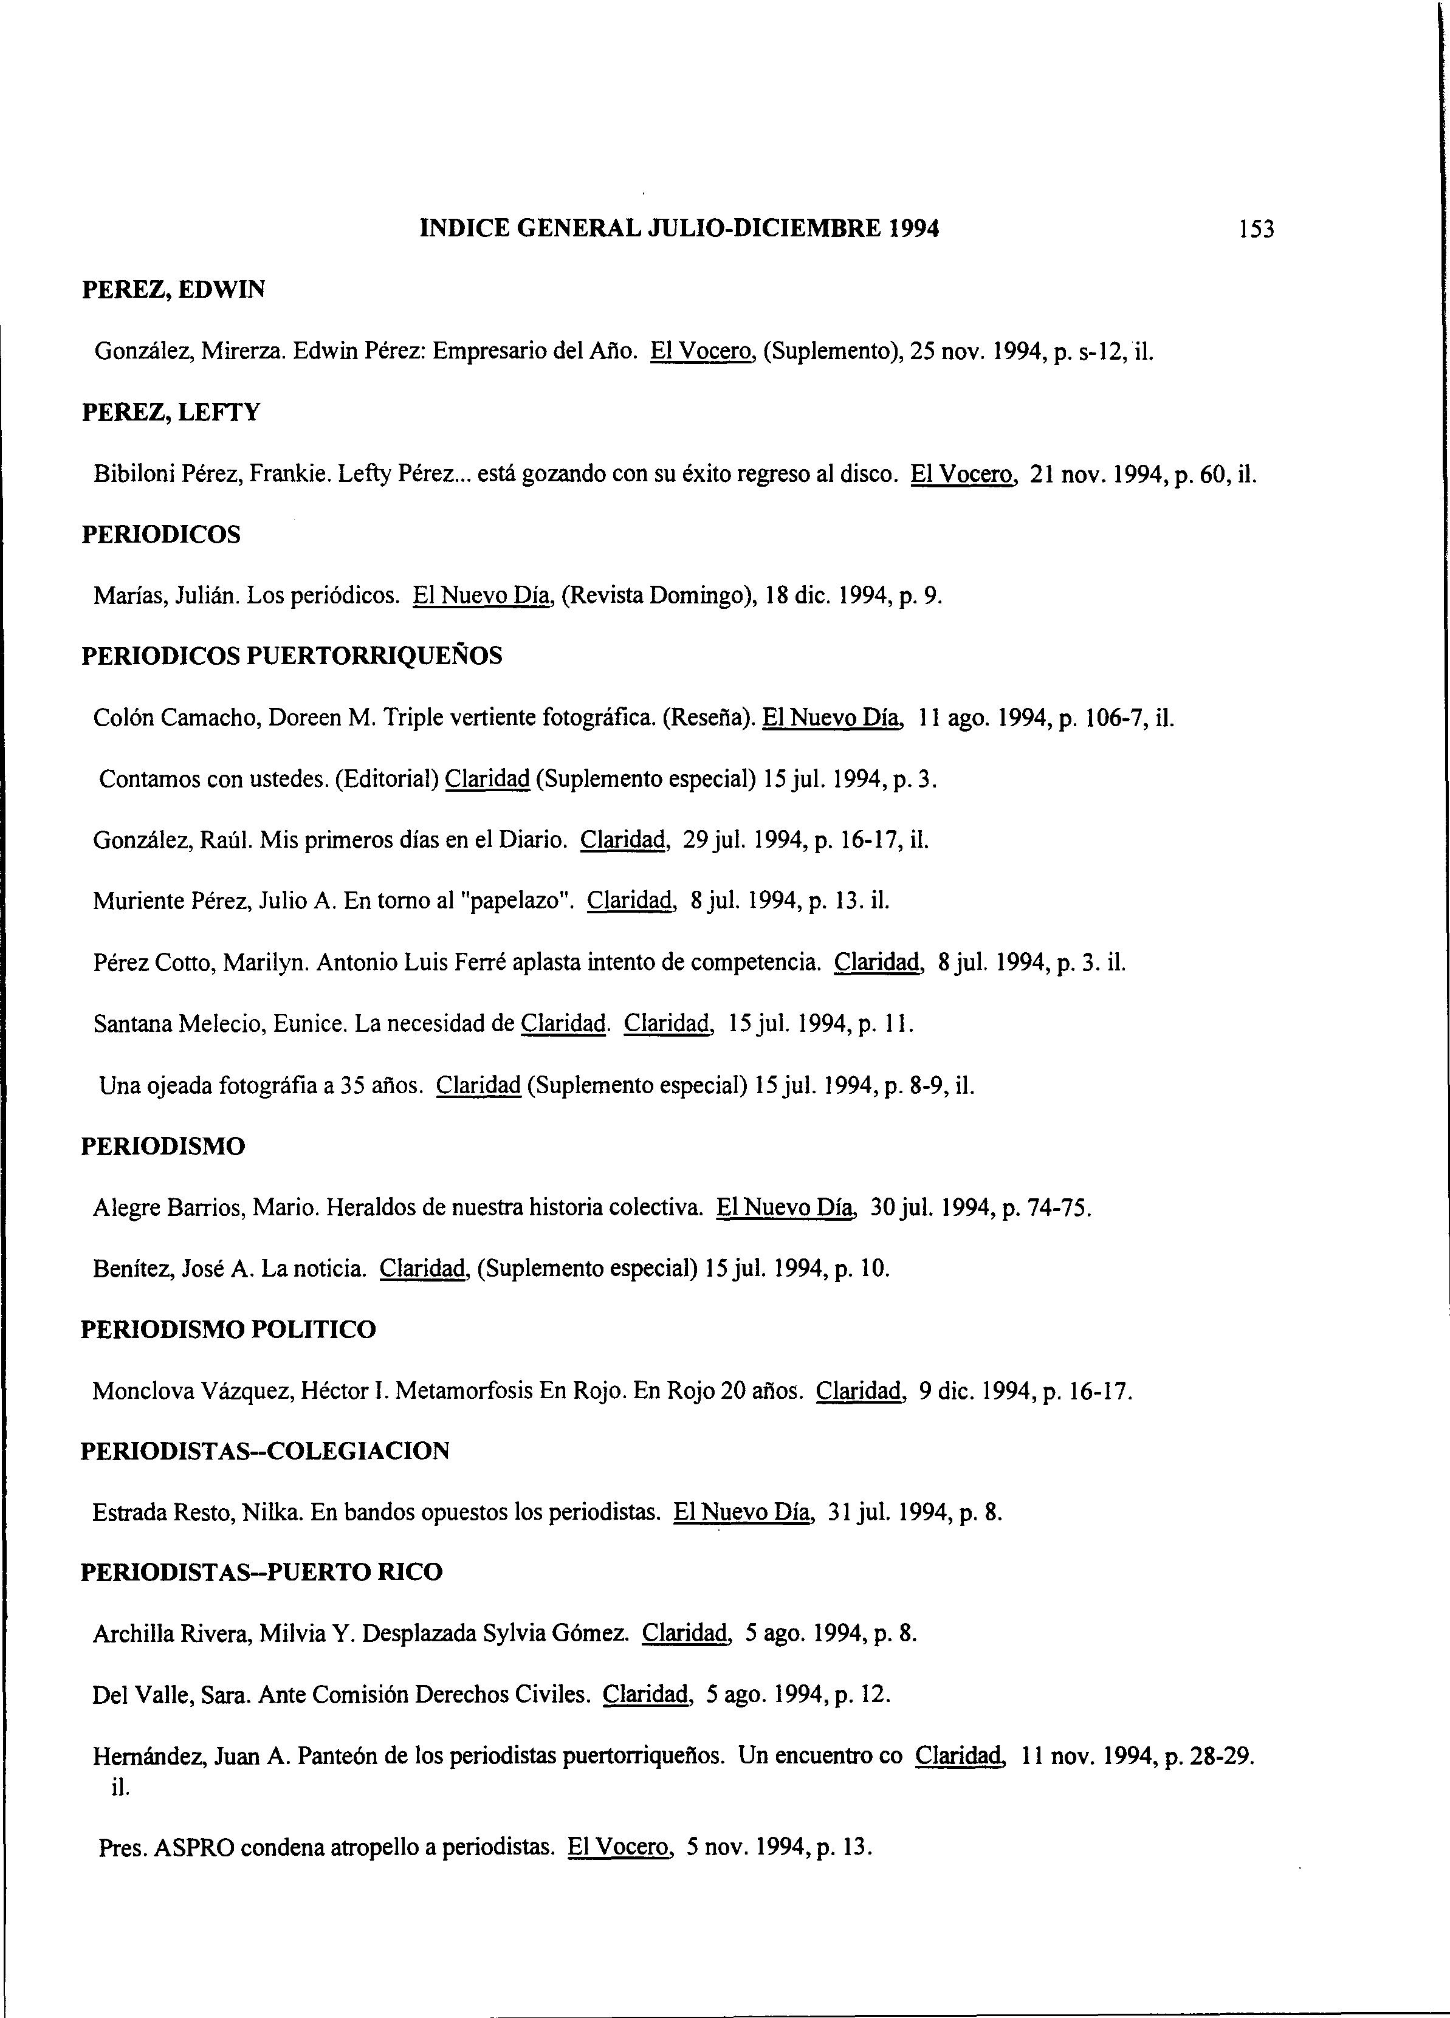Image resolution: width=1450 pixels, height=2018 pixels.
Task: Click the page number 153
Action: (x=1256, y=230)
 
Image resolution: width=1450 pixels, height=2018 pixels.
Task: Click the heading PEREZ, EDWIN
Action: (x=174, y=290)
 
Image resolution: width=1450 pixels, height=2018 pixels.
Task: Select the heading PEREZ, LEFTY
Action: (x=171, y=413)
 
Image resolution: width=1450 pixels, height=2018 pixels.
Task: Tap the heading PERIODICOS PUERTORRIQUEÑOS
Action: (x=292, y=657)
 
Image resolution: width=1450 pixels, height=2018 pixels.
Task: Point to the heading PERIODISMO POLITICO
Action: (x=228, y=1330)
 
